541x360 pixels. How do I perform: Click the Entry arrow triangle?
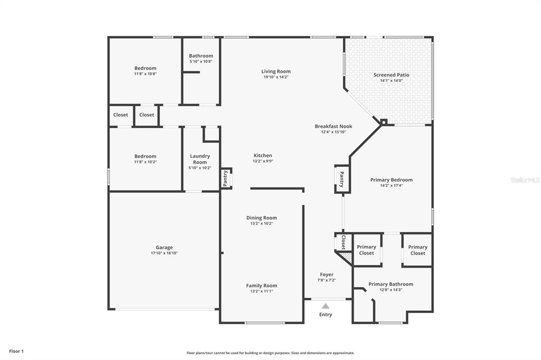coord(325,306)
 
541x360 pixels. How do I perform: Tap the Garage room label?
coord(164,247)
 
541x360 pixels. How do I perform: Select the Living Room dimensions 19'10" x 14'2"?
coord(276,77)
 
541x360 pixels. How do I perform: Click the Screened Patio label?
coord(391,75)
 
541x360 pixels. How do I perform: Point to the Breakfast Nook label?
coord(333,126)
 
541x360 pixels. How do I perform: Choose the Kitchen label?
coord(263,156)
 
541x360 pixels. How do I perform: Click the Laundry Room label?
coord(200,159)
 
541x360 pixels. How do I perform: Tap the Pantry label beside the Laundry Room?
coord(226,178)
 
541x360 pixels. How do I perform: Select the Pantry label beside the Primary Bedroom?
coord(342,179)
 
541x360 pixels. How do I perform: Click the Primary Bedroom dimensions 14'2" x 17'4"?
coord(391,185)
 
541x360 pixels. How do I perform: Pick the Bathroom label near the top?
coord(201,55)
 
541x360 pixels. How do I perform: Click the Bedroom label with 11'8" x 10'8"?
coord(145,68)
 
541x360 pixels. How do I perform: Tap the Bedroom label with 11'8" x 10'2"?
coord(145,156)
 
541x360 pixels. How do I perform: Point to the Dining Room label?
coord(262,217)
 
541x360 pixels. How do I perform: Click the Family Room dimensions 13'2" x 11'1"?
coord(262,291)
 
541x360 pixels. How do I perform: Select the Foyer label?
coord(327,274)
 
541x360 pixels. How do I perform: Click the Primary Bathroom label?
coord(391,284)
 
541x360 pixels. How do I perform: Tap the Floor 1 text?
coord(16,352)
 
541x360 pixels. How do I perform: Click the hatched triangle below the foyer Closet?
coord(346,257)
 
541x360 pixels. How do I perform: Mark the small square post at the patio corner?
coord(384,122)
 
